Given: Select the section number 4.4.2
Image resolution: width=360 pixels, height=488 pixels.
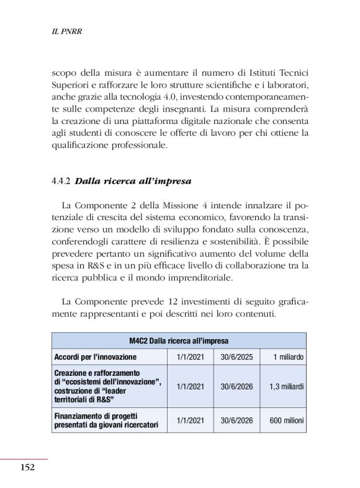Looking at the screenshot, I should [x=61, y=182].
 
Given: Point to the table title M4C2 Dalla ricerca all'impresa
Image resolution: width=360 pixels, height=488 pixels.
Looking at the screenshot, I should [x=179, y=341].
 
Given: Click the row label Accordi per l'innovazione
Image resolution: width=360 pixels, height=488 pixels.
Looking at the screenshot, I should [x=96, y=357].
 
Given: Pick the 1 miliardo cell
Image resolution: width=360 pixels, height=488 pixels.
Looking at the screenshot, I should [x=288, y=357].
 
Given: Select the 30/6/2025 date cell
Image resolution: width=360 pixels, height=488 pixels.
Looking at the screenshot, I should [x=238, y=357].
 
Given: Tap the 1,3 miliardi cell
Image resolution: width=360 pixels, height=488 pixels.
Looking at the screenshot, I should [x=287, y=386].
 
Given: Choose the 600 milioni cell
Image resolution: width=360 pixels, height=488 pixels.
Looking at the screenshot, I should [x=287, y=420].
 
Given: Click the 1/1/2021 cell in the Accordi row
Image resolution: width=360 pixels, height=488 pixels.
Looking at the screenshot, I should [x=191, y=357].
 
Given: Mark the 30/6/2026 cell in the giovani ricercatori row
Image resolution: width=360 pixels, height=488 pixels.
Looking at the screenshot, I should [x=238, y=420].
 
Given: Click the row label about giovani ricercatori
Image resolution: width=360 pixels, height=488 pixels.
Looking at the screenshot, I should [x=106, y=420].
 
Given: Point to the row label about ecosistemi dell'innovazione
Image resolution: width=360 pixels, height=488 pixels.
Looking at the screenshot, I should [x=107, y=386].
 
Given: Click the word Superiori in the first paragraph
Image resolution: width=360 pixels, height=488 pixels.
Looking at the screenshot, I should [x=72, y=84].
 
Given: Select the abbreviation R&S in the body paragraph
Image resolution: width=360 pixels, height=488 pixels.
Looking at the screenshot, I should [x=87, y=265].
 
